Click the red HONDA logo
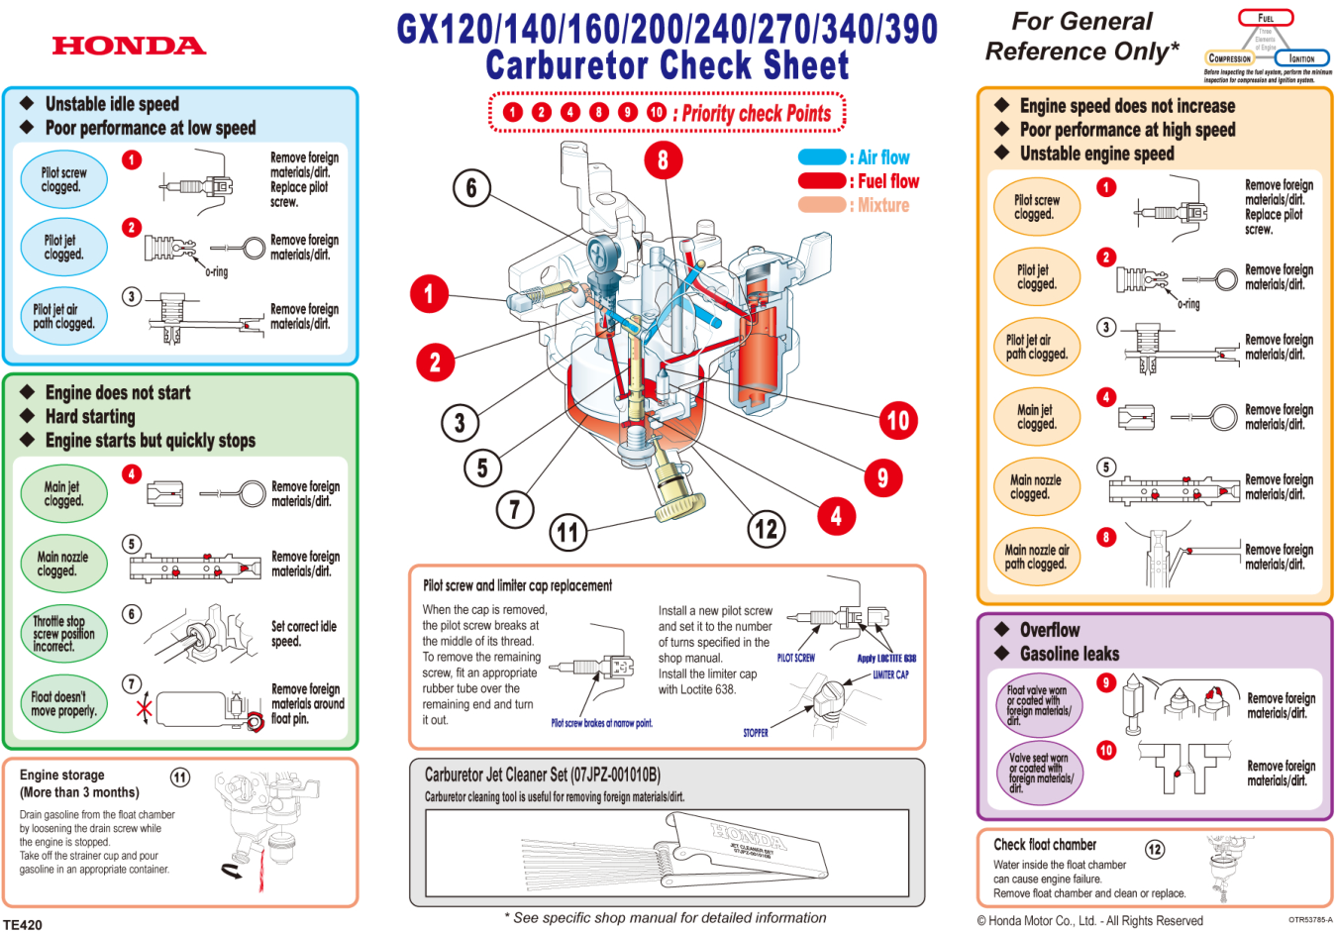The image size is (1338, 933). (129, 46)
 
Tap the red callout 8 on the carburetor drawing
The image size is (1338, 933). (663, 159)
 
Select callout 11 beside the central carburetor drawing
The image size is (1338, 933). (567, 533)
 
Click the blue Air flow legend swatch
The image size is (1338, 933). (821, 157)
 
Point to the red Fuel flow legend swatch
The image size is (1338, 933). (821, 181)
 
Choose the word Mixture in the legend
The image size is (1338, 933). (883, 205)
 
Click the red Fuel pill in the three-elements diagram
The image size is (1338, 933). (1266, 18)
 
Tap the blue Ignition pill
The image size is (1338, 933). (1301, 58)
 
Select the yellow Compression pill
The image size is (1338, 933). (1230, 58)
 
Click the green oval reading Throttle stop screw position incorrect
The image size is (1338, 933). (63, 634)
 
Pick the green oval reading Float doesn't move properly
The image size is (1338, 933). (63, 703)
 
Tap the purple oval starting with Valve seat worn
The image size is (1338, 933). (1040, 773)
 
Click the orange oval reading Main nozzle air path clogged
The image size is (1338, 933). (1037, 557)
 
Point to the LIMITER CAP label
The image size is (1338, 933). (890, 674)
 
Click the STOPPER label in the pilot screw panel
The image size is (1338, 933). (756, 733)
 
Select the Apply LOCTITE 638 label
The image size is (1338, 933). (886, 659)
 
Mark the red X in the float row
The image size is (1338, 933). (145, 707)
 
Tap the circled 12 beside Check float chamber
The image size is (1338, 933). (1155, 849)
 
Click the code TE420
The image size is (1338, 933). (23, 924)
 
